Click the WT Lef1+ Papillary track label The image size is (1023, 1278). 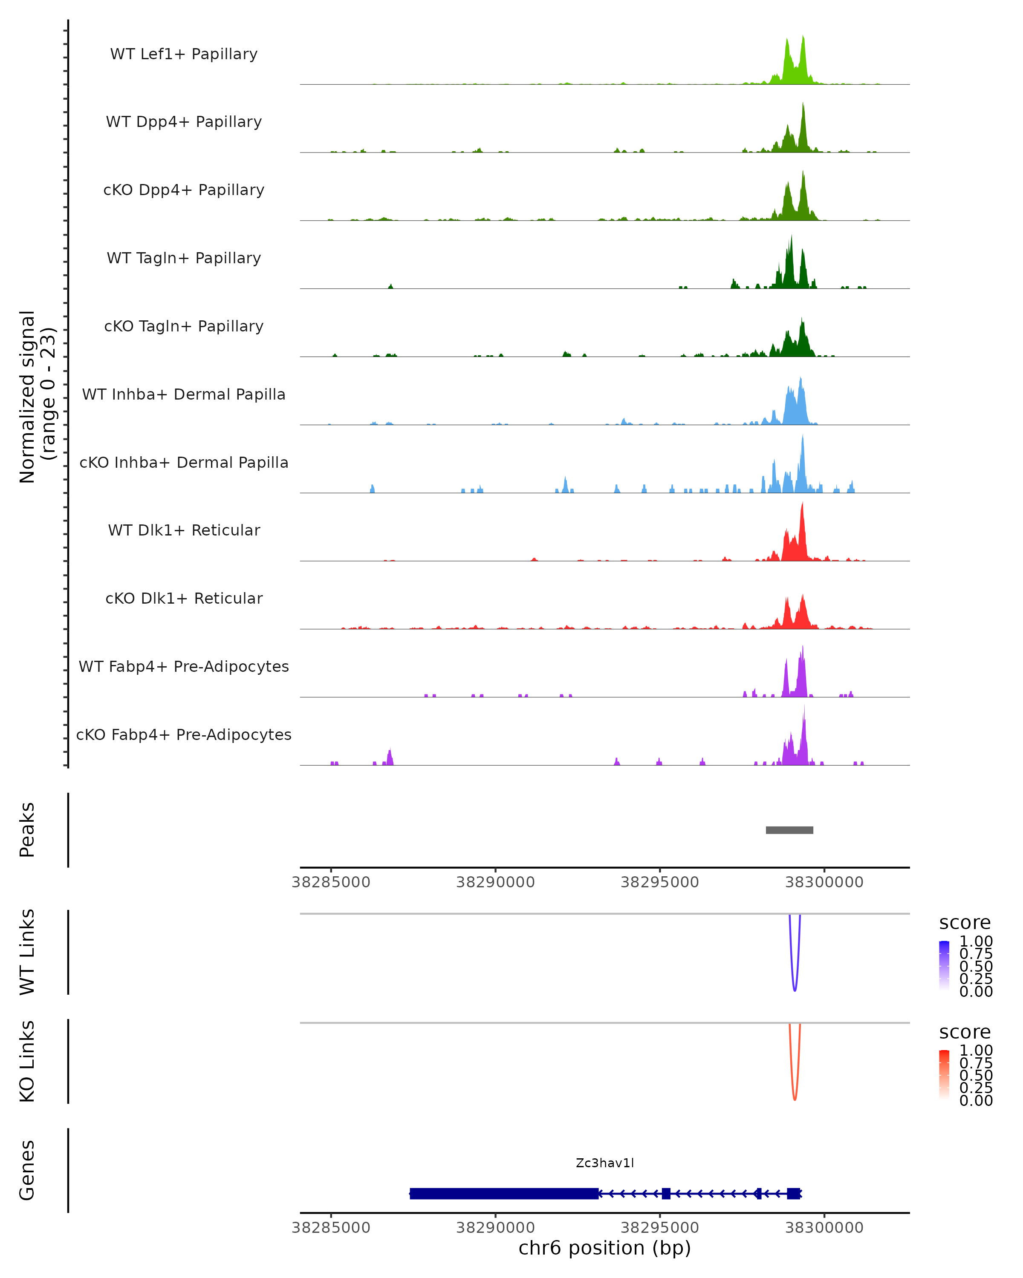coord(184,54)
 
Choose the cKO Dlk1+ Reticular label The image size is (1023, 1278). coord(184,598)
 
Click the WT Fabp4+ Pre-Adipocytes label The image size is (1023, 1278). coord(184,666)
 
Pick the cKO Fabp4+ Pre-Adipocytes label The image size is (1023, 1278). coord(184,734)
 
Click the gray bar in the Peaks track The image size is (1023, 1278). coord(789,830)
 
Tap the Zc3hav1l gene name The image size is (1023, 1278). coord(605,1163)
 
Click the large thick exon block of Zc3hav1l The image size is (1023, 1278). coord(504,1193)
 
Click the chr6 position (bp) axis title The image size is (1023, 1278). coord(605,1248)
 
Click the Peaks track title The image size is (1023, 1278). coord(27,830)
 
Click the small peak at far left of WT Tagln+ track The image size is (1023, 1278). coord(390,286)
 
